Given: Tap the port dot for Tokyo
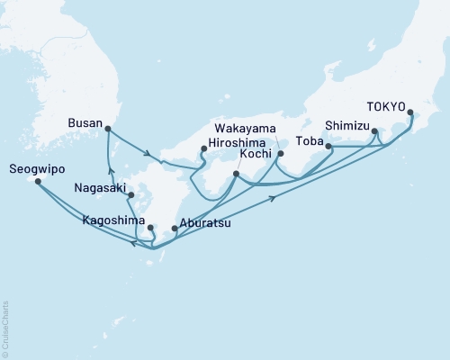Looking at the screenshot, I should [410, 113].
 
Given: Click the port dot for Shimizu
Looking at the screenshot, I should [375, 132].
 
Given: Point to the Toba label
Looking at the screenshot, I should [310, 140].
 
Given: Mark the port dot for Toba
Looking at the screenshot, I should [328, 146].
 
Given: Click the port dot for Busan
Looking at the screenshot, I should [107, 128].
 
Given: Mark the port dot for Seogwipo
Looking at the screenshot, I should [38, 181].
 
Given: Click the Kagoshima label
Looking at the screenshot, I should [112, 220].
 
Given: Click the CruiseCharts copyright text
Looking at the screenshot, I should [5, 325].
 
